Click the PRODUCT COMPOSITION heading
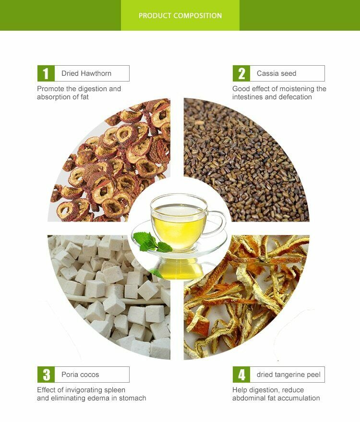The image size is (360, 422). click(180, 16)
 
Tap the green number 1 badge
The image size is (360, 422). click(46, 73)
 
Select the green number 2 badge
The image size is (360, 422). click(241, 73)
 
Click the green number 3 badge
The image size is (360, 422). click(46, 375)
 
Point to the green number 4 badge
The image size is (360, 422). click(241, 375)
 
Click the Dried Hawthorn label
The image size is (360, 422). click(86, 73)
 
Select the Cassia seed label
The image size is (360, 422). click(276, 73)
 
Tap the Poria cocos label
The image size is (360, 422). click(80, 375)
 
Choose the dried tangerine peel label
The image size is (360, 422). click(288, 375)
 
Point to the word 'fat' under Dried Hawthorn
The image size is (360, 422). click(84, 97)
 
